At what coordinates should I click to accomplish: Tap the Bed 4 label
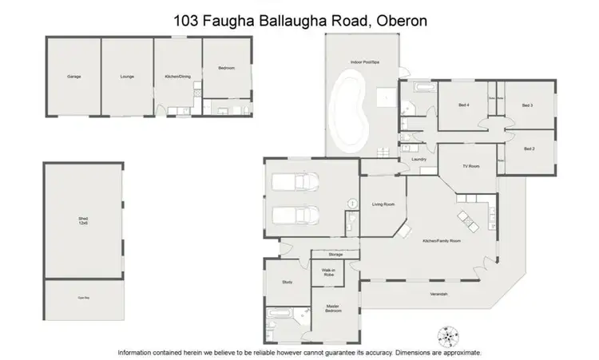[464, 105]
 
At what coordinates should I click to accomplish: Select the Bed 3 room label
[527, 105]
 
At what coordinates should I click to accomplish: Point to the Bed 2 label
[529, 148]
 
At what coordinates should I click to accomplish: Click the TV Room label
[470, 166]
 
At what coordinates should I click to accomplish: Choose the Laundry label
[418, 160]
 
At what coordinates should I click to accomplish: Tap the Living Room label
[383, 205]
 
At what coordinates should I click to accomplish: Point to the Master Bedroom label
[331, 307]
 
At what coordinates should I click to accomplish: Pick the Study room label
[288, 282]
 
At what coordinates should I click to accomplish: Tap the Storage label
[335, 254]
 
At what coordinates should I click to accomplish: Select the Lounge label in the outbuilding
[126, 77]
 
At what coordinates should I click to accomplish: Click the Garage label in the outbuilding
[74, 77]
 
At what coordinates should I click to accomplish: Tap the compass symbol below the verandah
[446, 335]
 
